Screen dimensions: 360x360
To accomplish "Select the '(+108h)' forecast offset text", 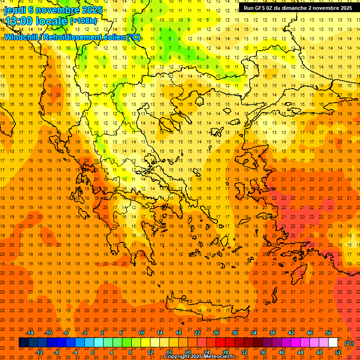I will (83, 21).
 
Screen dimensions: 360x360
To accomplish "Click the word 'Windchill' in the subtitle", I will (22, 37).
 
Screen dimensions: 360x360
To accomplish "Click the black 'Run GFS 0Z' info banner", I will (298, 8).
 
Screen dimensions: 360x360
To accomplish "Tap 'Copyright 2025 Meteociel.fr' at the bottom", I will (199, 357).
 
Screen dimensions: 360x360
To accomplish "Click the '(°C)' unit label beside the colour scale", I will (349, 343).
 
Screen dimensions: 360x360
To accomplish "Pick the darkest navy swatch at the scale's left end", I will (23, 343).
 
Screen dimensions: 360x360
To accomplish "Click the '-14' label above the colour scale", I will (30, 333).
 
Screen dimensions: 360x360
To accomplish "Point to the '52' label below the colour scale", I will (338, 352).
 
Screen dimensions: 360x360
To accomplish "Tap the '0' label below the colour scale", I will (92, 352).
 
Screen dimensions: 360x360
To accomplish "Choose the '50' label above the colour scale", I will (329, 333).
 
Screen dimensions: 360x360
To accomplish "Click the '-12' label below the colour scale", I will (39, 352).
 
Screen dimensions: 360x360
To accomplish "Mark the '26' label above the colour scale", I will (216, 333).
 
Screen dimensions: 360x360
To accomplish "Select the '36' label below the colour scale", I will (262, 352).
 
